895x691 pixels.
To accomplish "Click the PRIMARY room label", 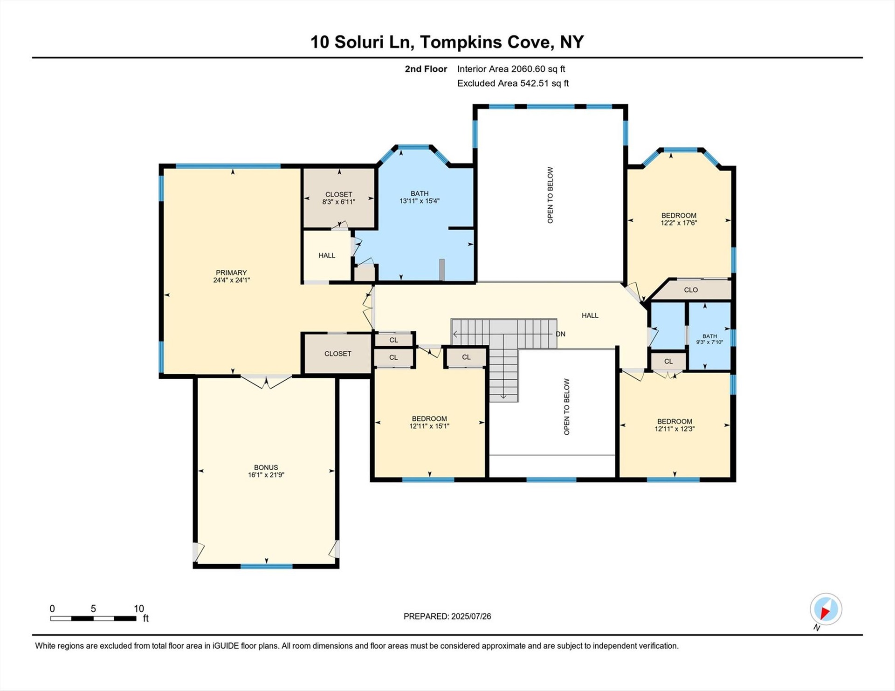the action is (231, 273).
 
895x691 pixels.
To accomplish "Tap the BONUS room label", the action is (266, 467).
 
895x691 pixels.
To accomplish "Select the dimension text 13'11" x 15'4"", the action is (420, 201).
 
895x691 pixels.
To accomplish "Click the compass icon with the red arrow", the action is (826, 609).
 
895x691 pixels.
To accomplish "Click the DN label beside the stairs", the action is (560, 334).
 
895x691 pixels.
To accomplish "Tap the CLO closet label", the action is (691, 290).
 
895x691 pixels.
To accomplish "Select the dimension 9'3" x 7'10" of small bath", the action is (709, 342).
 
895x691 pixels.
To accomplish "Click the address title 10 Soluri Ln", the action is (362, 42).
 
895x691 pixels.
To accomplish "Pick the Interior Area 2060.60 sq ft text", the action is (511, 69).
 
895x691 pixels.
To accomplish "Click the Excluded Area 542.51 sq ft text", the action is (513, 83).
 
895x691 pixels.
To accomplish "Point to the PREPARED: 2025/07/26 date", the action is (447, 616).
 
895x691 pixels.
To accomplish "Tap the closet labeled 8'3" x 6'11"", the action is (339, 198).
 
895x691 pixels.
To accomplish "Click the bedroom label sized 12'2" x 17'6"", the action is (679, 219).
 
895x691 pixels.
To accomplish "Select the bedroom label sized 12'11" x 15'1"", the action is (429, 422).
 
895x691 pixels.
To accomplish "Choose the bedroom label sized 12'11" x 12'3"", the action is (675, 425).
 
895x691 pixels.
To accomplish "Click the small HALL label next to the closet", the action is (327, 255).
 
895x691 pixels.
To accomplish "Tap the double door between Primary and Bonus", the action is (266, 381).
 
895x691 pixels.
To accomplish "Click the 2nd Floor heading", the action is (426, 69).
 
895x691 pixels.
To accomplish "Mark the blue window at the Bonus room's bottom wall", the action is (266, 566).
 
